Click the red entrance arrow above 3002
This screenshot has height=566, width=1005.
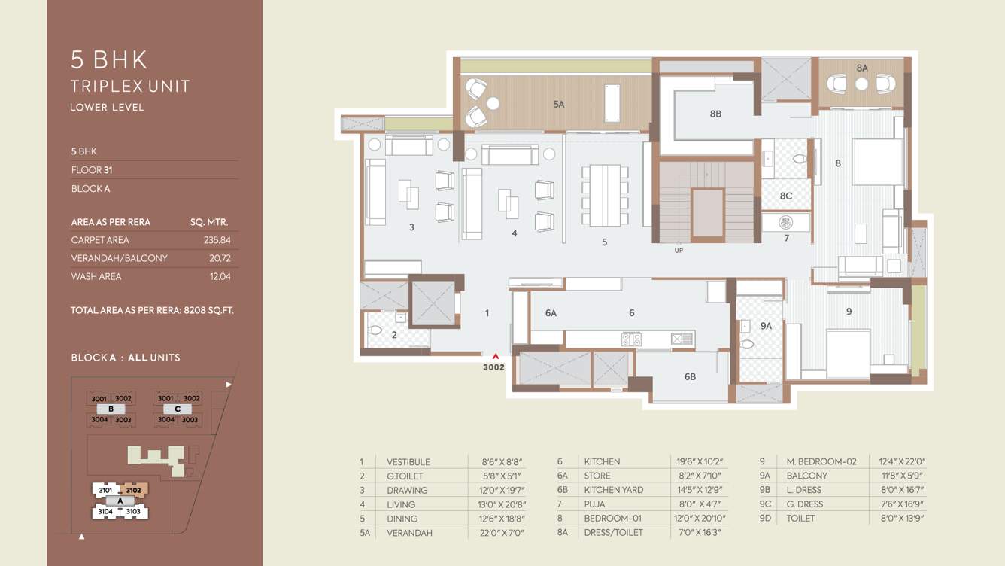[x=495, y=357]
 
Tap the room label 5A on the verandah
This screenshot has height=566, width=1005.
[x=558, y=105]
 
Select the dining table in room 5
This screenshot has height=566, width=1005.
[x=605, y=195]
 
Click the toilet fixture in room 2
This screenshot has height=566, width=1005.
[x=375, y=330]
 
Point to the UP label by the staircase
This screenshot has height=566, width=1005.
[x=679, y=251]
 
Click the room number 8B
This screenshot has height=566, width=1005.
[x=715, y=114]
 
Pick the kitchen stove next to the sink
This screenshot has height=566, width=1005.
[x=631, y=339]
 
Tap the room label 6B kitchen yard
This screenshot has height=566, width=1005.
[x=689, y=376]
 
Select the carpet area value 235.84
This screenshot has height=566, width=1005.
[x=217, y=240]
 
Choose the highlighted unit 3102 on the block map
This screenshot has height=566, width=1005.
[x=134, y=490]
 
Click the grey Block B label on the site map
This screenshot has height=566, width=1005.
[x=111, y=409]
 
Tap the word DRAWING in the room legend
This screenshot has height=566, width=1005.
[x=407, y=490]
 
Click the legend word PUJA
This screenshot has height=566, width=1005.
[x=595, y=504]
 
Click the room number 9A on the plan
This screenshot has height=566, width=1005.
[x=766, y=326]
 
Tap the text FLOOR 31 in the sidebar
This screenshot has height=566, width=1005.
[x=92, y=170]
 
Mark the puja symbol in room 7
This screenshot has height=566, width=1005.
[x=785, y=223]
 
